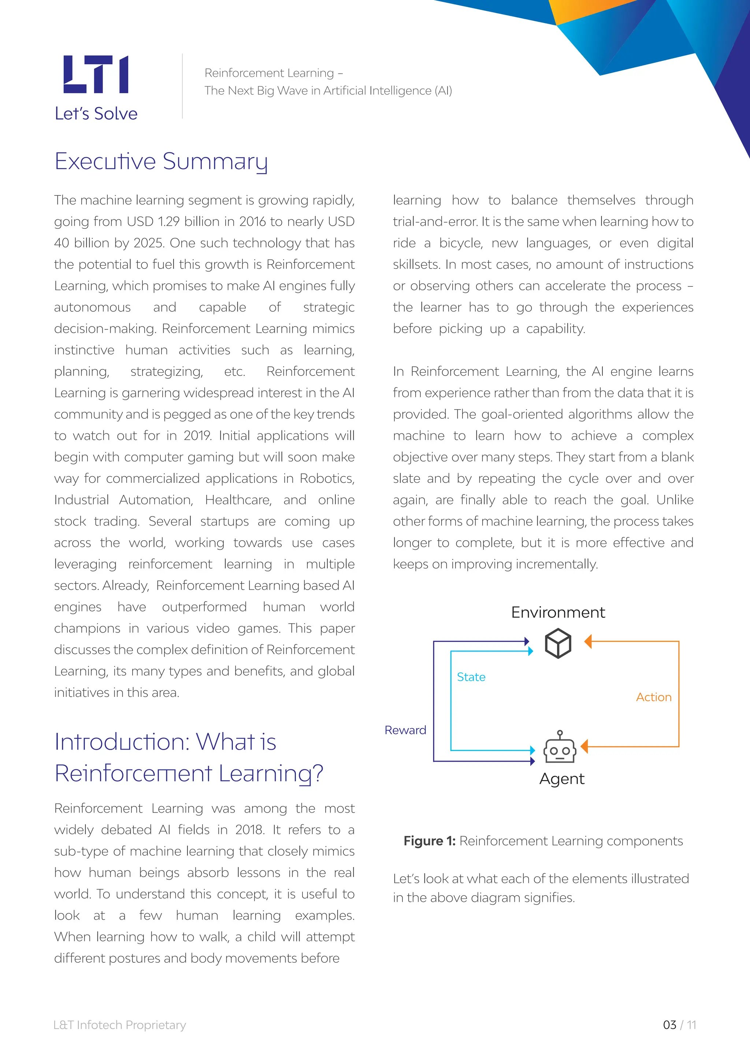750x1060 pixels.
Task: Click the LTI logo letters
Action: (x=96, y=74)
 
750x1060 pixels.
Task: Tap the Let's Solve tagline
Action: (x=96, y=113)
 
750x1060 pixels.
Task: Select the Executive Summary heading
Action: (x=161, y=161)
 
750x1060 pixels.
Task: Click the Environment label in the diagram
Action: (x=558, y=613)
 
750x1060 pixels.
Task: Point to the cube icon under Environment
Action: (x=558, y=643)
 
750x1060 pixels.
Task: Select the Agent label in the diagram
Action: (x=561, y=779)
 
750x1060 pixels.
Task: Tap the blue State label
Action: (x=471, y=677)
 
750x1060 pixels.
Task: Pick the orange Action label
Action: (x=653, y=697)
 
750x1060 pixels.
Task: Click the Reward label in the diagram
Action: (x=405, y=730)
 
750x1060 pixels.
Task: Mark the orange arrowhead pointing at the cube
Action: (x=588, y=641)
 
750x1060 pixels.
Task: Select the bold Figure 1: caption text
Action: (x=430, y=841)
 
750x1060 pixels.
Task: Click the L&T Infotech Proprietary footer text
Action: (x=120, y=1025)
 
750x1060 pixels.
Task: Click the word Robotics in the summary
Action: (x=327, y=479)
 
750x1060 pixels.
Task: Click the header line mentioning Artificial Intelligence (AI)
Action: (x=328, y=90)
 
